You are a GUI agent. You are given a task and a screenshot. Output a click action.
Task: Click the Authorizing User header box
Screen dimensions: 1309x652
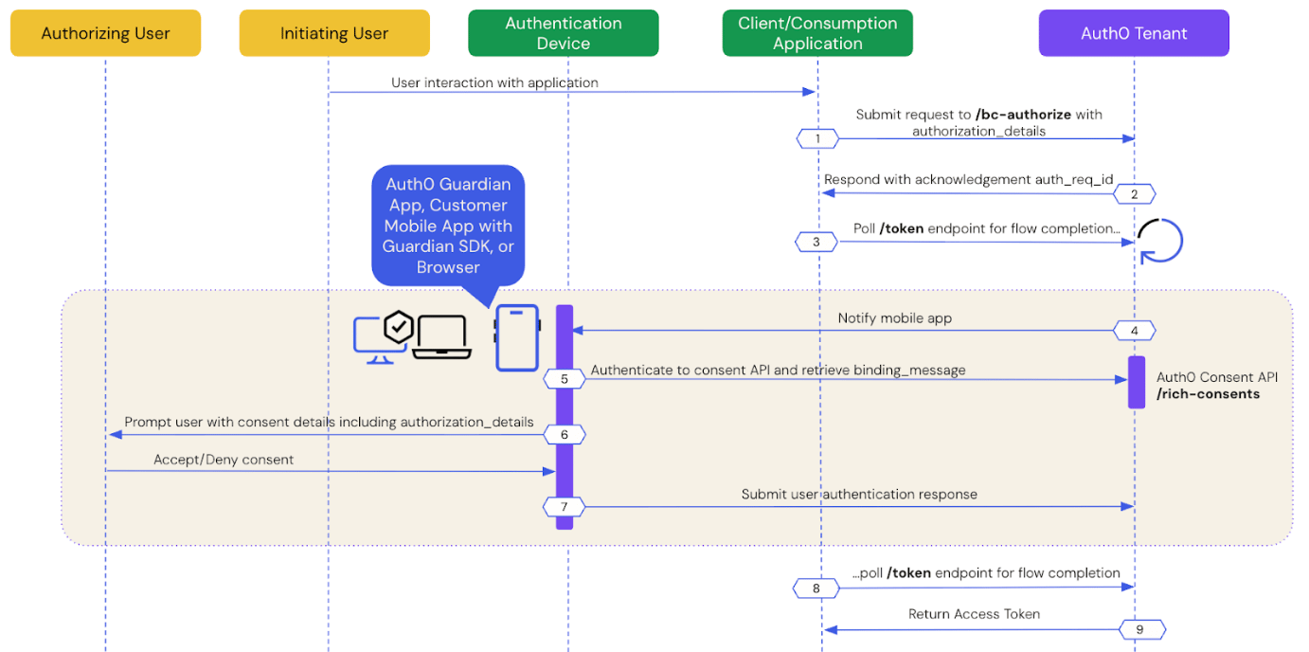click(105, 33)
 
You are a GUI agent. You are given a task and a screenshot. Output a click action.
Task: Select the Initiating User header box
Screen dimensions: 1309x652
click(334, 33)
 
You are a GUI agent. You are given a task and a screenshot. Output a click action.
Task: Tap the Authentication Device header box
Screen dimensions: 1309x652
click(564, 33)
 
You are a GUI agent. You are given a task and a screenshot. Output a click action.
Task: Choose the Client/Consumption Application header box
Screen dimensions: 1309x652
click(817, 33)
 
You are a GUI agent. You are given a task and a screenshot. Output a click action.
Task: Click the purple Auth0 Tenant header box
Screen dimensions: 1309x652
click(1134, 33)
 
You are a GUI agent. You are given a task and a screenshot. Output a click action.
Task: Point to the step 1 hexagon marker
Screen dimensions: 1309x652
click(817, 138)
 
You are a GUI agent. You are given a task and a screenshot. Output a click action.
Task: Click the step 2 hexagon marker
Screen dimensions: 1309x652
click(1135, 194)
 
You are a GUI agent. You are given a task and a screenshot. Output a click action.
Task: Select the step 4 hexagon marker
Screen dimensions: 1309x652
click(1135, 331)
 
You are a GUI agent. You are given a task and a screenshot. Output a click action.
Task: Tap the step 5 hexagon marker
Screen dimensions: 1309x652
click(564, 379)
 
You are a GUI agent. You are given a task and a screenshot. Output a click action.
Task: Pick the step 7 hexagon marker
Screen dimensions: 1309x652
click(564, 506)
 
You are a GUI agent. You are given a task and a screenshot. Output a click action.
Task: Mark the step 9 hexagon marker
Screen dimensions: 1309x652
click(1139, 630)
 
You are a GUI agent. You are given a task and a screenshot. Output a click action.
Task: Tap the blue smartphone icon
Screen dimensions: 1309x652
click(517, 337)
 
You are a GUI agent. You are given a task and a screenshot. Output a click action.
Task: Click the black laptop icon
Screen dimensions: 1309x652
click(441, 337)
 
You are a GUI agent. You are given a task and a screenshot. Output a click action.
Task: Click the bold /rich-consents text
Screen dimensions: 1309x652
click(1208, 394)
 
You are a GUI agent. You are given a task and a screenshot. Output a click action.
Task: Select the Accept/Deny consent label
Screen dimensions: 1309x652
click(224, 460)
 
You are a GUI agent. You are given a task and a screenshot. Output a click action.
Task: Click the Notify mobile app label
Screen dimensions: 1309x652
click(895, 318)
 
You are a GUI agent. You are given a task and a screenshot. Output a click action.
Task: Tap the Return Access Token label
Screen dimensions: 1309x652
click(974, 614)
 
